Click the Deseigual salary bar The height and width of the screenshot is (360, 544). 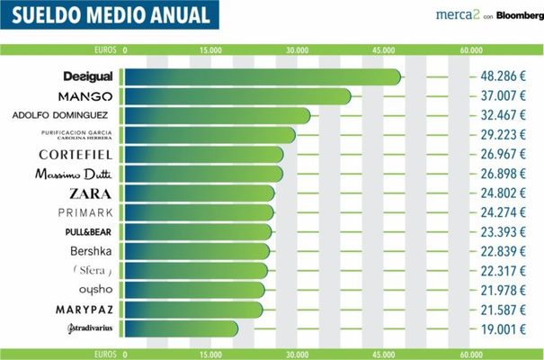pyautogui.click(x=261, y=76)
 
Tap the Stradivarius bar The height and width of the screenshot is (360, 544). pyautogui.click(x=180, y=329)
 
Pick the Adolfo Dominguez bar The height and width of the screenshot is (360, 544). pyautogui.click(x=216, y=116)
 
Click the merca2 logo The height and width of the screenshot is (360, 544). pyautogui.click(x=437, y=15)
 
